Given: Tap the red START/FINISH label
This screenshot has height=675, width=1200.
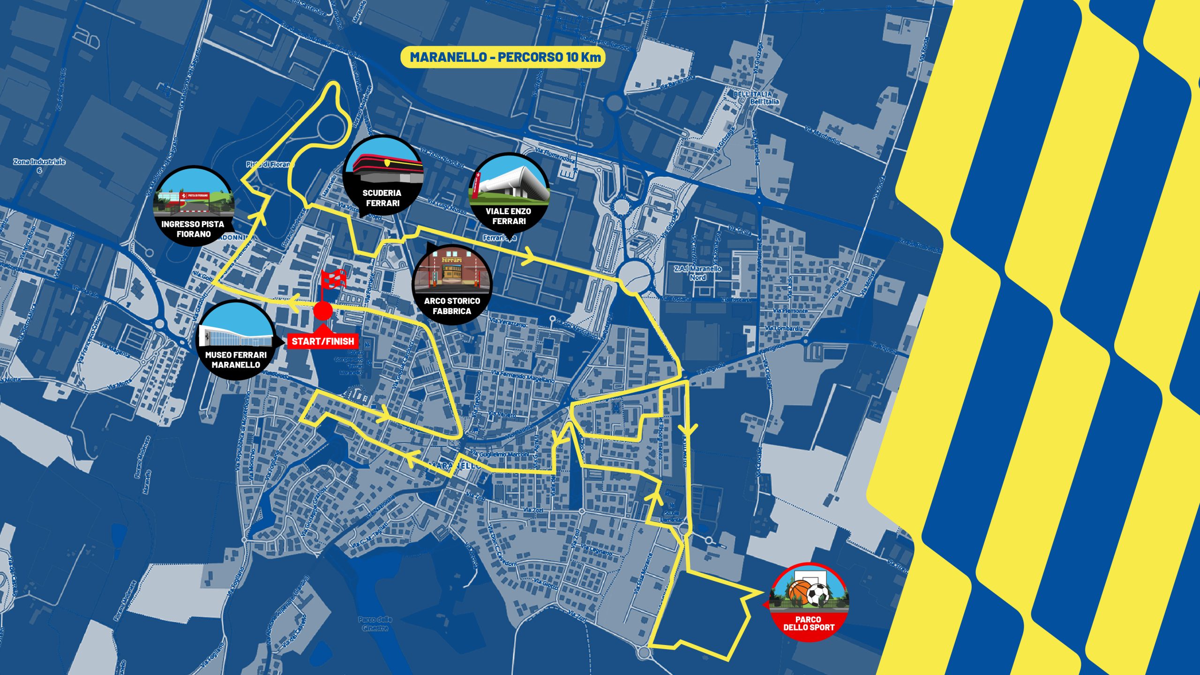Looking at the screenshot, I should (x=322, y=341).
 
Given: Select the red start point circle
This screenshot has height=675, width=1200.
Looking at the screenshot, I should (x=322, y=310).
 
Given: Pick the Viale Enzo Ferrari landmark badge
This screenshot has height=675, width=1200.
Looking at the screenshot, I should (x=509, y=192).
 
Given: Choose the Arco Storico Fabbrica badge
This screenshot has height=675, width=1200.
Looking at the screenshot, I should (x=452, y=284).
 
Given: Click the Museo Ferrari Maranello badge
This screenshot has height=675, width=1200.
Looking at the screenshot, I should (x=236, y=339).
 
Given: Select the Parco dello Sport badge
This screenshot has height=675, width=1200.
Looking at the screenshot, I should (x=809, y=600).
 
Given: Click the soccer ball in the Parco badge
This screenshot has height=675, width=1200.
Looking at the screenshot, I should (x=818, y=594).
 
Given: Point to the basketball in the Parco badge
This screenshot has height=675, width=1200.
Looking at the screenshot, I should (x=800, y=592).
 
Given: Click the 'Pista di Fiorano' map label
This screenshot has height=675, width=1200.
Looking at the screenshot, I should (x=270, y=164).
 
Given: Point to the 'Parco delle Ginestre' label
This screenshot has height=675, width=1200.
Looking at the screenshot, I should (x=375, y=623).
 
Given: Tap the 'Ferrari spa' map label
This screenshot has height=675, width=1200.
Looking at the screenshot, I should (x=500, y=238).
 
